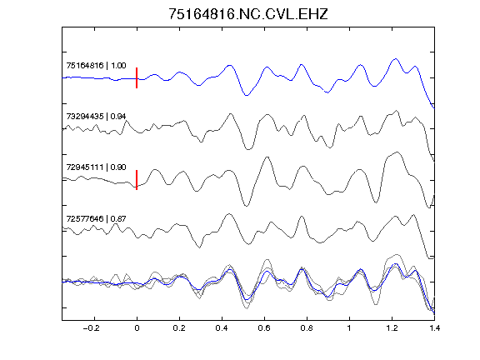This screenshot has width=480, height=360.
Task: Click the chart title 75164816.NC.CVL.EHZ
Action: pos(248,14)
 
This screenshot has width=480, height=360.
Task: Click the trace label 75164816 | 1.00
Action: pos(96,66)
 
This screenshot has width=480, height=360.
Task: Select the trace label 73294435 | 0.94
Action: pos(96,117)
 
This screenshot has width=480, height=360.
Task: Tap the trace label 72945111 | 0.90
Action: pos(96,167)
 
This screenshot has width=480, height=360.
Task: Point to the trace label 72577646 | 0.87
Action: pos(96,218)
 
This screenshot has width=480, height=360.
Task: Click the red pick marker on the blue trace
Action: pos(137,78)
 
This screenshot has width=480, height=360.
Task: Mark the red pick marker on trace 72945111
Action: pos(137,180)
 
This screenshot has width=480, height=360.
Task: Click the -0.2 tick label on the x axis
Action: pos(92,328)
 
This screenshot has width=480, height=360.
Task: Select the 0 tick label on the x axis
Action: pos(137,328)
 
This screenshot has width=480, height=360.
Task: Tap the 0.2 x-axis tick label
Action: pos(179,328)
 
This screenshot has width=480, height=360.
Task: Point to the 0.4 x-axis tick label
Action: pos(222,328)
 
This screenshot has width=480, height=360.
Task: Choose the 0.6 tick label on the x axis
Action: pos(264,328)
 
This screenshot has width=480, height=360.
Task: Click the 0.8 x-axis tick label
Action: pos(307,328)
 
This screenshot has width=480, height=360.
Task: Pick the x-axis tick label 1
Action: pos(349,328)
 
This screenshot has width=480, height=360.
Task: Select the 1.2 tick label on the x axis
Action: pos(392,328)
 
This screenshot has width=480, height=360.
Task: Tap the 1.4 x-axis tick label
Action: pos(434,328)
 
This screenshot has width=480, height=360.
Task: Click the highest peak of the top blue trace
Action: pos(396,58)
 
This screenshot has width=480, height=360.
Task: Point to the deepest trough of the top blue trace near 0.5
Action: pos(247,96)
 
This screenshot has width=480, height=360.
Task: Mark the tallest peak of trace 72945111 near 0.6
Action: pos(267,157)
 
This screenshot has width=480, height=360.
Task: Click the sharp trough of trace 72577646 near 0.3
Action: pos(200,247)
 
